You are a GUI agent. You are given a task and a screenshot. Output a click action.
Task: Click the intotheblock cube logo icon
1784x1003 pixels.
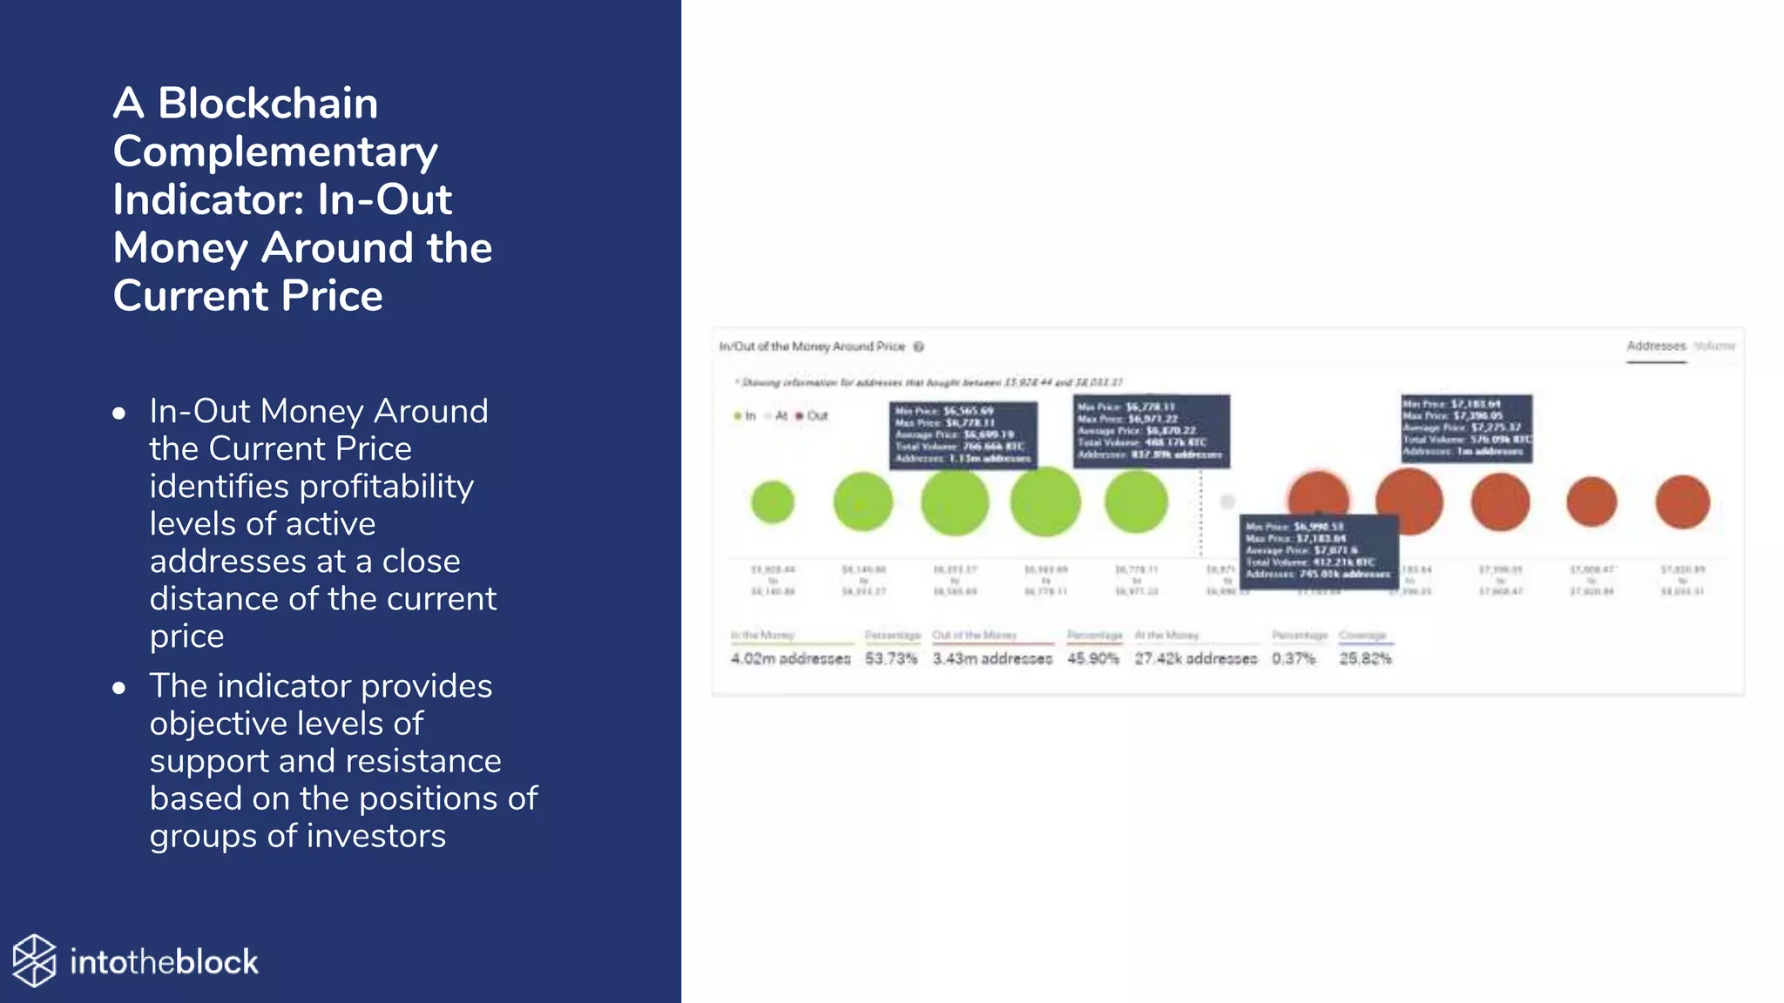(34, 961)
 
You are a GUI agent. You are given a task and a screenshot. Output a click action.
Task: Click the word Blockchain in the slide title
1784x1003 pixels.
(267, 103)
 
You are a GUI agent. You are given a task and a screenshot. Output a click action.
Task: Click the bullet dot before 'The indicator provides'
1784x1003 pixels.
(119, 688)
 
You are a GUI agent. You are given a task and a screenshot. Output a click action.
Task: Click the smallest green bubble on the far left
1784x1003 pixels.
(773, 502)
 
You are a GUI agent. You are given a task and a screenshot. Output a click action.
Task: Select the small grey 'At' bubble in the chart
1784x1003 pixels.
(1227, 501)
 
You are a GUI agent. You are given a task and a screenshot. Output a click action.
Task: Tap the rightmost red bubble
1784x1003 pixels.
(1682, 501)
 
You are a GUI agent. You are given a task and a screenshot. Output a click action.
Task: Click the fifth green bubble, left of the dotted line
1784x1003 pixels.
(1136, 502)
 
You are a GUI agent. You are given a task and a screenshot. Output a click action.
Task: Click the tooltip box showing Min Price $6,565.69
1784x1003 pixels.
(963, 434)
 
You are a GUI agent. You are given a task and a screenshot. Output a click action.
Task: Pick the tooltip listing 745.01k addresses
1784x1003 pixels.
(1319, 550)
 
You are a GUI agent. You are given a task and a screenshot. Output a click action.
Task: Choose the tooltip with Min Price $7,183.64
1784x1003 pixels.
(1466, 427)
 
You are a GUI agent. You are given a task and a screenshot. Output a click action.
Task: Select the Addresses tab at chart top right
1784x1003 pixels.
(1656, 347)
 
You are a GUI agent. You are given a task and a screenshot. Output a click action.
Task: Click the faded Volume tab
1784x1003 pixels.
(1714, 347)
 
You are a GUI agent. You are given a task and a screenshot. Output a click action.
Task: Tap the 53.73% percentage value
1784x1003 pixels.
(890, 659)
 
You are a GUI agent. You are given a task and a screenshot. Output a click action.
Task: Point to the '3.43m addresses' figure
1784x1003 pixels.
(992, 659)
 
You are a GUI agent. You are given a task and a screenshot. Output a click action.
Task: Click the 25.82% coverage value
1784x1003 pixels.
(1365, 659)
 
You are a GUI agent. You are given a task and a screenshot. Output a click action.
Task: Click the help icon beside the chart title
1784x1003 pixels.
(918, 347)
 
